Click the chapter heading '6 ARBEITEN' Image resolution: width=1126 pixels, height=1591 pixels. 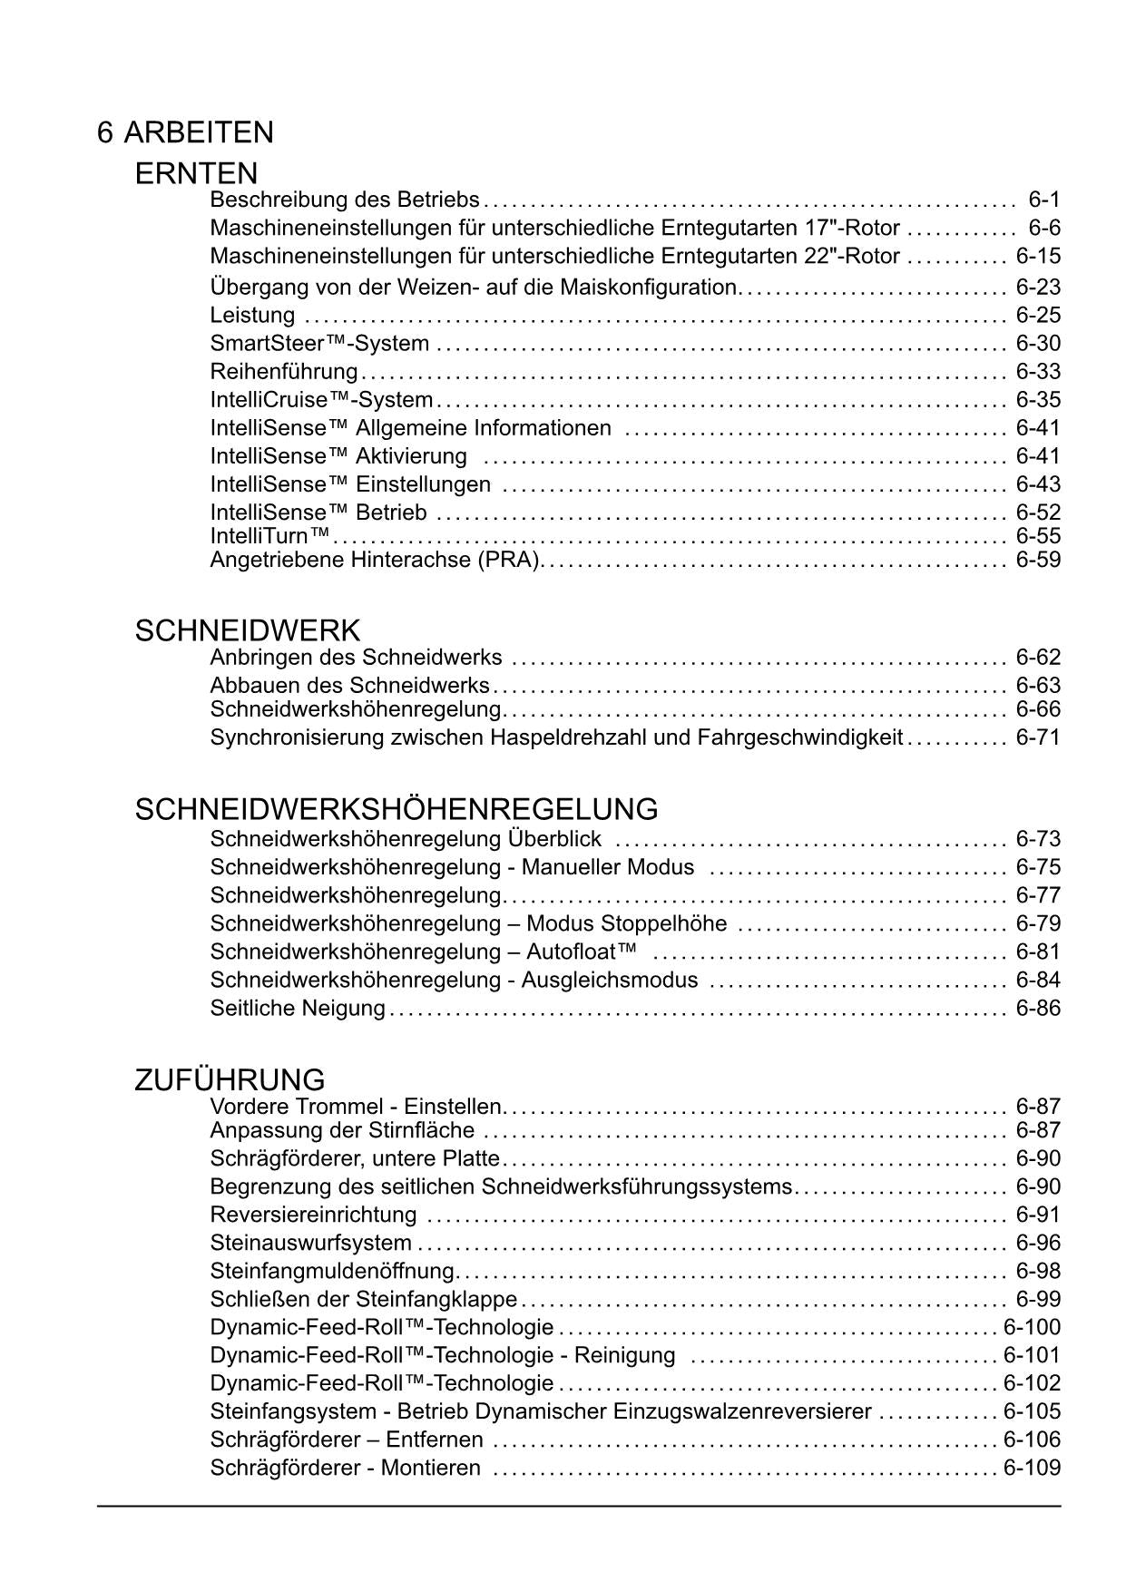tap(185, 132)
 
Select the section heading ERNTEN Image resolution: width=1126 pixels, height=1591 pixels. tap(196, 173)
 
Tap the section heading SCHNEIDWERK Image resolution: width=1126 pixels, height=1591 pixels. tap(247, 630)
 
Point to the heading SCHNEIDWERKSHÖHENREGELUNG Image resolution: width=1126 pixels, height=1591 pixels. tap(396, 809)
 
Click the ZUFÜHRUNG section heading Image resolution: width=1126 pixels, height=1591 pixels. tap(230, 1080)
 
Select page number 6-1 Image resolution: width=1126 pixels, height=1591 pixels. tap(1043, 200)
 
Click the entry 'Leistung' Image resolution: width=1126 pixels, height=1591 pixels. tap(252, 316)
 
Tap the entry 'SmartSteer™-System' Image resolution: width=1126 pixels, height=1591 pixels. tap(319, 344)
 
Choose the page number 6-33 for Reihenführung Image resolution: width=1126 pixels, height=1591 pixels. tap(1038, 372)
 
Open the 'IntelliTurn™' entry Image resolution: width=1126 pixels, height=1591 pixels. tap(269, 536)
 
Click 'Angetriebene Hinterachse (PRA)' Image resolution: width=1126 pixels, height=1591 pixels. tap(376, 560)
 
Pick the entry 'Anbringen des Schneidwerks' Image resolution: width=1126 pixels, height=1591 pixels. tap(356, 658)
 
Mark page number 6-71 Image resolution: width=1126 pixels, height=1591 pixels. tap(1038, 737)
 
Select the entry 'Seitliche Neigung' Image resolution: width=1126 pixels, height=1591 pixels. tap(298, 1009)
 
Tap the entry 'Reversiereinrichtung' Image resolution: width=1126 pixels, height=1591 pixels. tap(313, 1215)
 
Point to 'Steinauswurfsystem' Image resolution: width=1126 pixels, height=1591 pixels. tap(310, 1243)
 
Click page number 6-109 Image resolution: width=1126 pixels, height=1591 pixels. tap(1032, 1468)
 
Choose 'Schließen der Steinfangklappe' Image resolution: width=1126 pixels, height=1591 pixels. tap(363, 1299)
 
